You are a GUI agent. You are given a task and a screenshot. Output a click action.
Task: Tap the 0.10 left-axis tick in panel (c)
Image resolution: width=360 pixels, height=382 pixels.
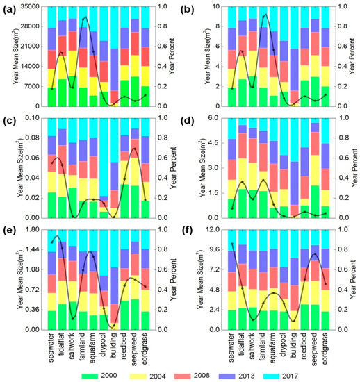pyautogui.click(x=31, y=118)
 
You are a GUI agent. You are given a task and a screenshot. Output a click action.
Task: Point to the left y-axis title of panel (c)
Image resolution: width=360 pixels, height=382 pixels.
pyautogui.click(x=9, y=167)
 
